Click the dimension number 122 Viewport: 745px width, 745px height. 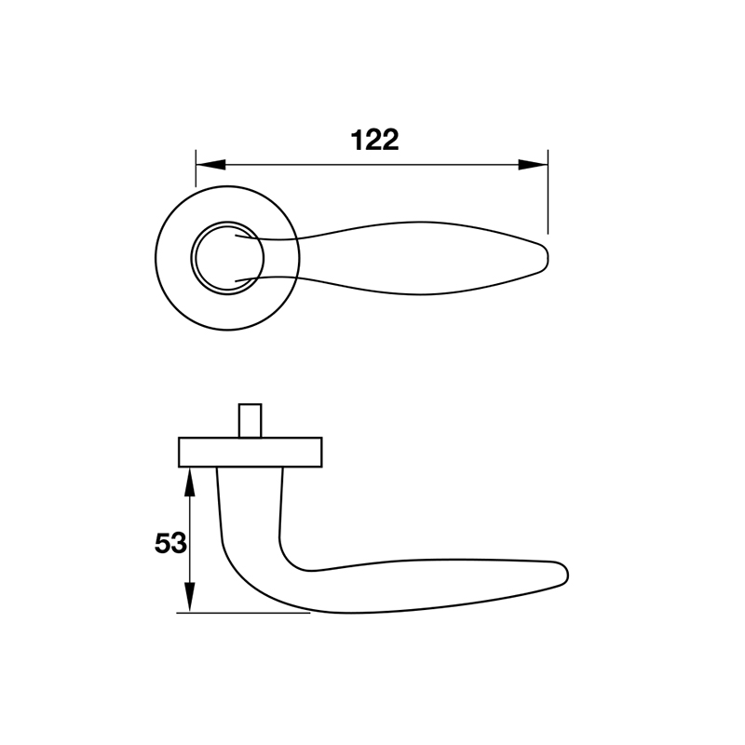point(374,141)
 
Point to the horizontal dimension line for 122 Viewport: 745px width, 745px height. point(372,166)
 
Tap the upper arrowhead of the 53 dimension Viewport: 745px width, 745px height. point(190,479)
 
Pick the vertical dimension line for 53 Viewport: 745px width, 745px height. point(190,540)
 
